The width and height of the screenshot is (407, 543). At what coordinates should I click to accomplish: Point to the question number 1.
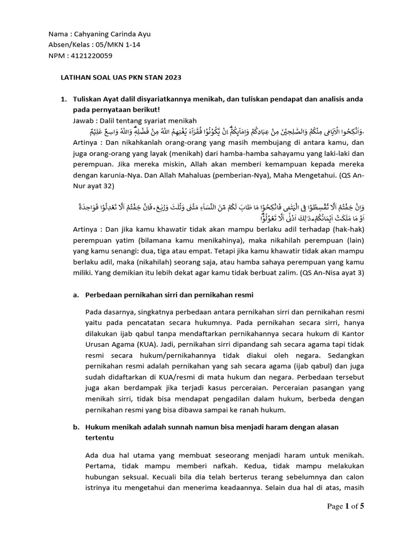pyautogui.click(x=63, y=99)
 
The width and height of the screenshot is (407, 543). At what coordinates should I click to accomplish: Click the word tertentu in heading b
pyautogui.click(x=100, y=438)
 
